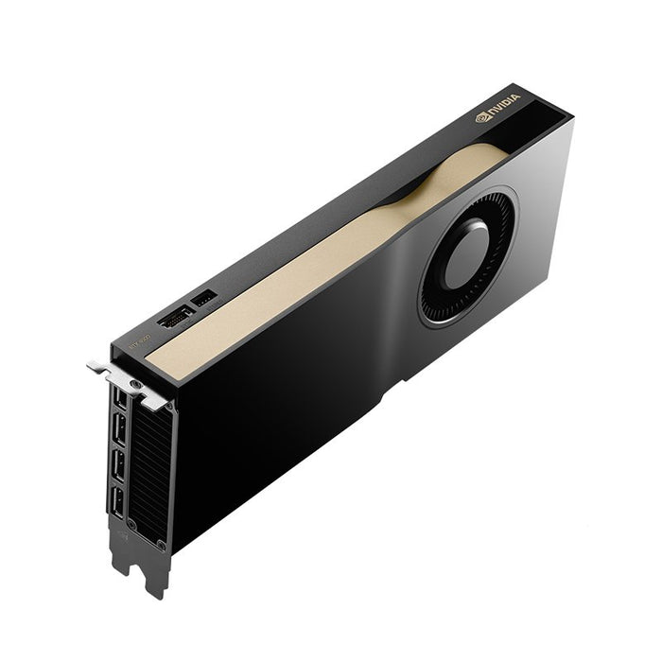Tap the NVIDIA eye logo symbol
coord(482,120)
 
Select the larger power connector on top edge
coord(175,319)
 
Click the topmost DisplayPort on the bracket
coord(119,400)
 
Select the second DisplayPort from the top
coord(119,433)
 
